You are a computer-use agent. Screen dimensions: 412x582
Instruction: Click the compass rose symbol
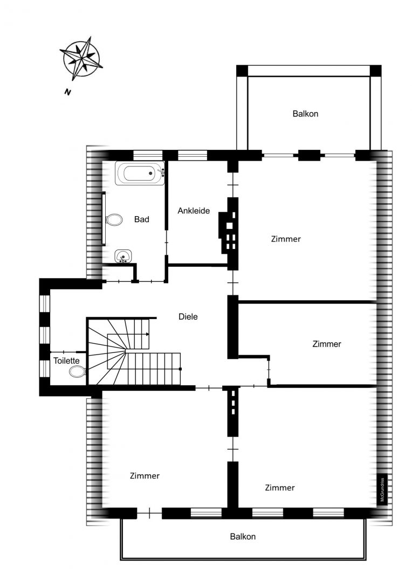tap(82, 58)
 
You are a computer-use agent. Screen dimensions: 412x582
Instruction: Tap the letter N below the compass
tap(67, 92)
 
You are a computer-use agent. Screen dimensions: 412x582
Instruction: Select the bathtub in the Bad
tap(140, 173)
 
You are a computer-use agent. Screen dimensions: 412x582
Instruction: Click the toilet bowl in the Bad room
tap(114, 220)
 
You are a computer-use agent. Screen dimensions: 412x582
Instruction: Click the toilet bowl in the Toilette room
tap(77, 371)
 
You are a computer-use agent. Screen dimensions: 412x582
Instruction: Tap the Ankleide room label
tap(194, 211)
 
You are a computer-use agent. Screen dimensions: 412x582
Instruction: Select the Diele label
tap(188, 317)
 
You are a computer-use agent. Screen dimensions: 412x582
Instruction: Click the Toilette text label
tap(66, 361)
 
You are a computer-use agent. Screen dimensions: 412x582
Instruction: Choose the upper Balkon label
tap(305, 114)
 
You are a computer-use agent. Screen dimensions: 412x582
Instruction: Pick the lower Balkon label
tap(243, 536)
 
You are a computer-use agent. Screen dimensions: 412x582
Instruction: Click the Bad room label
tap(141, 219)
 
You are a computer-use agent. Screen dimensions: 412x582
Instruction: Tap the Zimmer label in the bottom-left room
tap(145, 475)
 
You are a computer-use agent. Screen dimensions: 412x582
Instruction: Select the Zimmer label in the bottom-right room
tap(280, 487)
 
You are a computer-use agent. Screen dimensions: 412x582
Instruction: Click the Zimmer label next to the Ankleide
tap(286, 239)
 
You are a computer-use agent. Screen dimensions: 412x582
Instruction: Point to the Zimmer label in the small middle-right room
tap(327, 344)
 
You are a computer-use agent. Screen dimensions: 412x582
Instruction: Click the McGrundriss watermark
tap(382, 489)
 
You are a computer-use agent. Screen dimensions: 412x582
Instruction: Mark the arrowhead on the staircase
tap(147, 334)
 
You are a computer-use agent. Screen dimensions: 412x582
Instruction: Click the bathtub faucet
tap(162, 172)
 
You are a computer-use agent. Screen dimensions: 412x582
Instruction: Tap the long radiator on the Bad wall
tap(104, 218)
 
